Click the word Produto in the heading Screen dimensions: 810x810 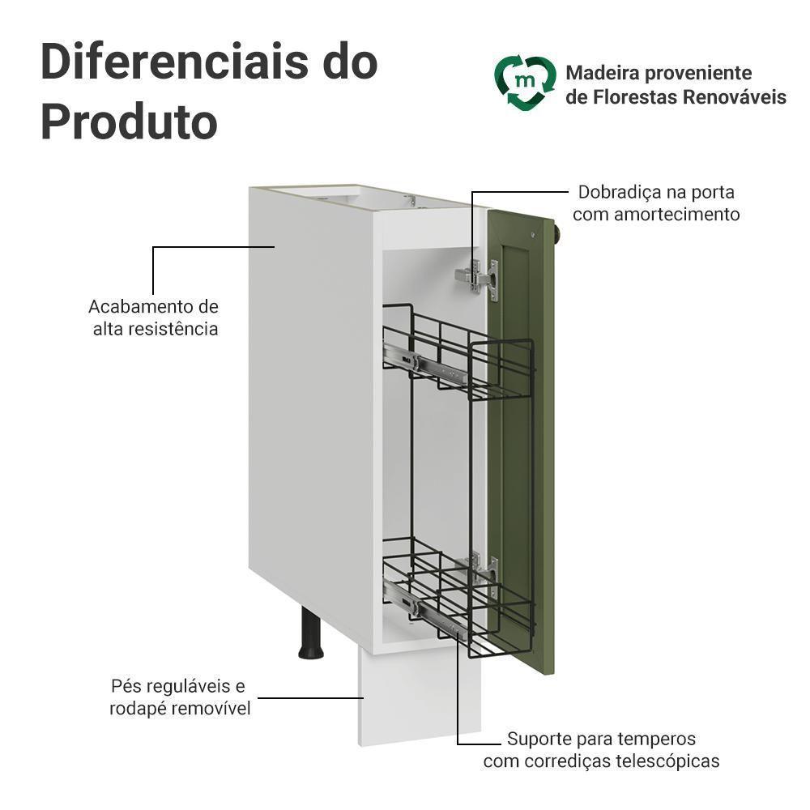[129, 122]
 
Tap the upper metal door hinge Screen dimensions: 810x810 [479, 278]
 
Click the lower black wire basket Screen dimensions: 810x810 [458, 591]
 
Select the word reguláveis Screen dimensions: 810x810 [183, 687]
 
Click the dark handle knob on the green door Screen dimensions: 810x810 [558, 232]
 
